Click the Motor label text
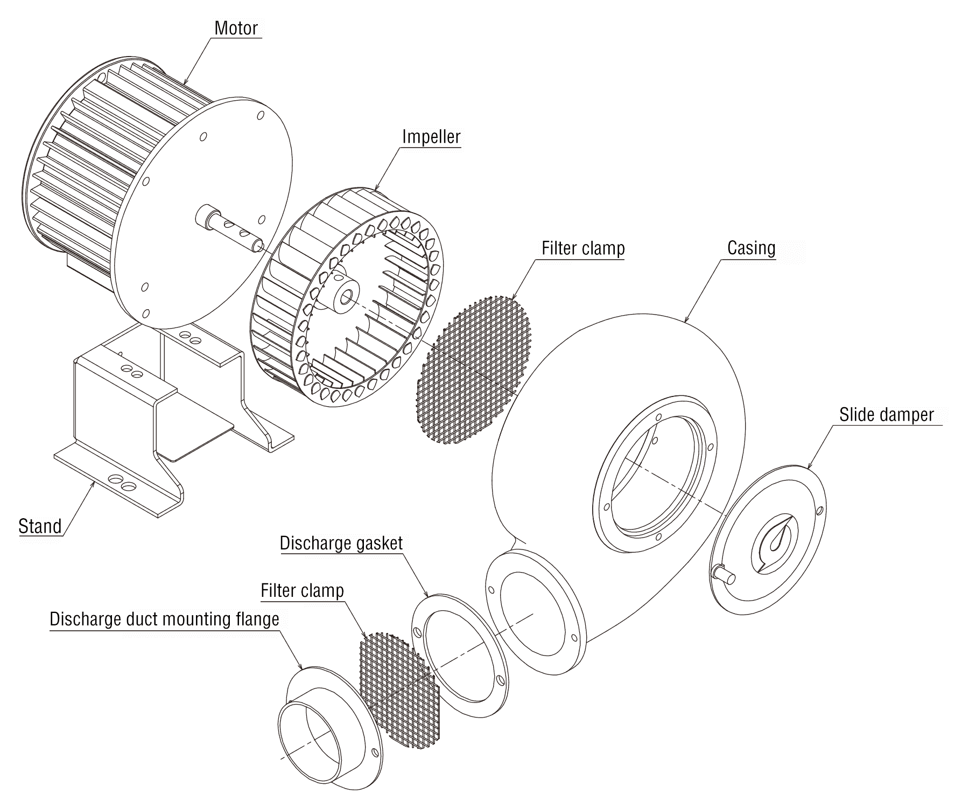coord(236,28)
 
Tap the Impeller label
coord(431,136)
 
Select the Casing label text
coord(751,248)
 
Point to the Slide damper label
coord(886,415)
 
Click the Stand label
coord(40,526)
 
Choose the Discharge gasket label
coord(341,543)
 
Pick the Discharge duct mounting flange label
coord(164,619)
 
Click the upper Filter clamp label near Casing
coord(583,248)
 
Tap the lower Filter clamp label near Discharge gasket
coord(302,590)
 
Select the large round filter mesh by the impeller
coord(475,370)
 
